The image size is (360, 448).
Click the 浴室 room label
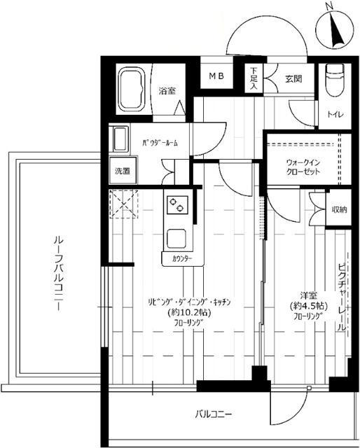tap(166, 90)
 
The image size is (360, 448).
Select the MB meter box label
tap(214, 76)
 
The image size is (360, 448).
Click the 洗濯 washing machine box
tap(122, 170)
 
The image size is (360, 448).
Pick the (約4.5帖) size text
tap(305, 306)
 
